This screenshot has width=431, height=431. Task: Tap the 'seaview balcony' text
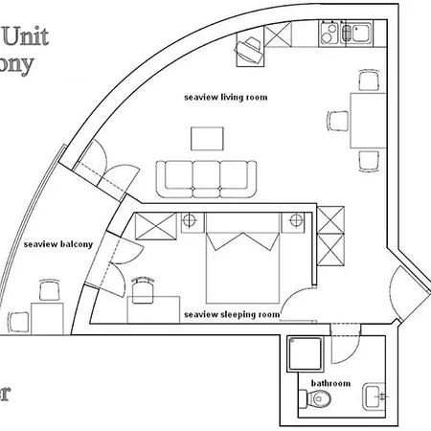[x=58, y=244]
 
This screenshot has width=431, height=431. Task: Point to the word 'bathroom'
[x=330, y=383]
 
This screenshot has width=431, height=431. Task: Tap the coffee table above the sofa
[x=210, y=139]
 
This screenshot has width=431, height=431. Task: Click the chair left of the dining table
[x=339, y=121]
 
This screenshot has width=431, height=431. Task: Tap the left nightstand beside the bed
[x=191, y=222]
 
